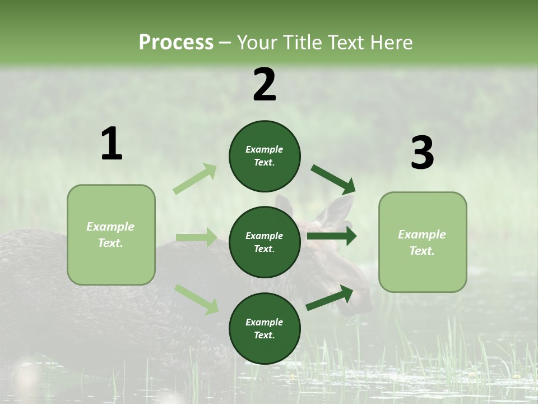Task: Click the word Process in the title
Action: tap(176, 43)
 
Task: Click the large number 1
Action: tap(112, 144)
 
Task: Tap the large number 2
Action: tap(265, 85)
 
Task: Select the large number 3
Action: tap(422, 153)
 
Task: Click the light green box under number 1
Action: tap(111, 235)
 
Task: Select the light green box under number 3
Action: tap(423, 242)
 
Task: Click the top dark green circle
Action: tap(265, 156)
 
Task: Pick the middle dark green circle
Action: tap(265, 242)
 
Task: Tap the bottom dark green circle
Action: tap(265, 328)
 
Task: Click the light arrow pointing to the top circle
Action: tap(195, 179)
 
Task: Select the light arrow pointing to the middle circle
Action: tap(196, 237)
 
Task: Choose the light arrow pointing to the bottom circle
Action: tap(197, 299)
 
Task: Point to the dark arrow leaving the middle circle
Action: tap(332, 236)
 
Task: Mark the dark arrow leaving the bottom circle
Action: tap(330, 297)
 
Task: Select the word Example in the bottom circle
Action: tap(265, 322)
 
